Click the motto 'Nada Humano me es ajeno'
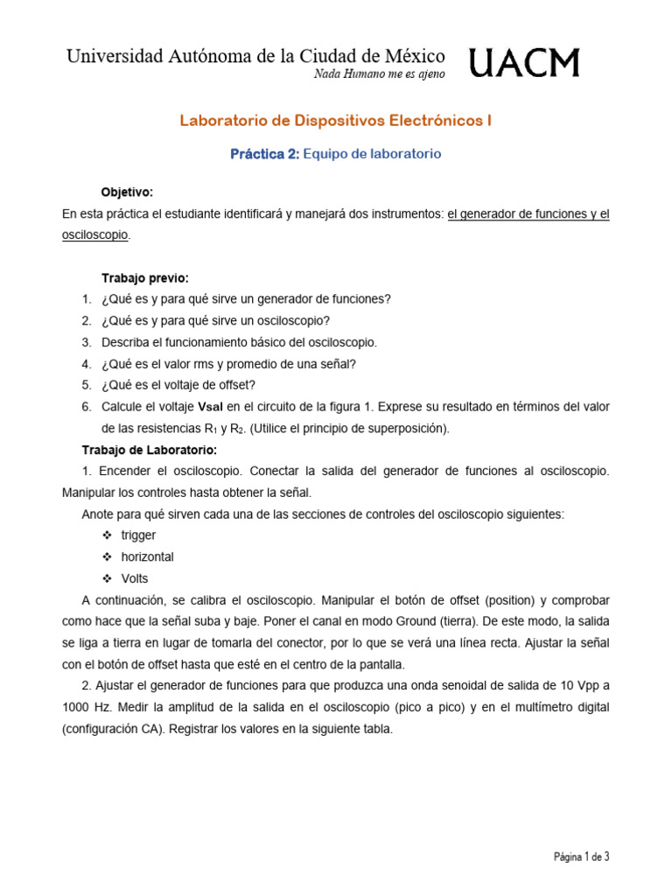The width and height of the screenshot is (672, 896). (379, 74)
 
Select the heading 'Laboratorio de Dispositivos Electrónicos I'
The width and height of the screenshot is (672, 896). (335, 121)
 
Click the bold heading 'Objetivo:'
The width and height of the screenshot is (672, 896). (127, 192)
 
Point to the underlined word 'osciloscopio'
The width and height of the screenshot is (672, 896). (95, 235)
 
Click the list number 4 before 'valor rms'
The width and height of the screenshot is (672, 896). (87, 364)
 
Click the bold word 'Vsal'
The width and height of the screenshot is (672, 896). (213, 407)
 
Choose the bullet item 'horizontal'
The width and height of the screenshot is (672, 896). (147, 556)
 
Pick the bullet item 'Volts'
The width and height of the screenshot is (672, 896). (135, 578)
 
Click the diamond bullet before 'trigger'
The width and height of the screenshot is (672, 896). (107, 535)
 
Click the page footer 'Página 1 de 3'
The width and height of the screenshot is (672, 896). (580, 857)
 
